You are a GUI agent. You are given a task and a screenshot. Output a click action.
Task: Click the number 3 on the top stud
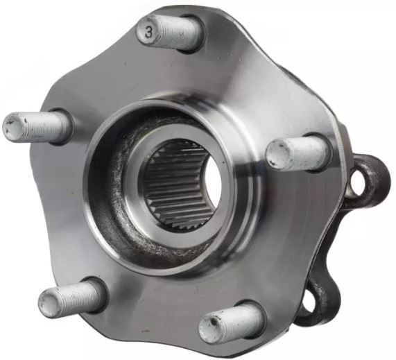click(x=148, y=32)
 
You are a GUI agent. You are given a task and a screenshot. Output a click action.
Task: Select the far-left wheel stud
click(x=37, y=128)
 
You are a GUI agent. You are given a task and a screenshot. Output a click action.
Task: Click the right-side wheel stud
click(x=298, y=155)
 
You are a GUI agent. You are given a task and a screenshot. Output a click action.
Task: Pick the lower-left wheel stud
click(x=72, y=298)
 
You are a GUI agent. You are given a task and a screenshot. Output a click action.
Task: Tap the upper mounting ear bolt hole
click(x=359, y=181)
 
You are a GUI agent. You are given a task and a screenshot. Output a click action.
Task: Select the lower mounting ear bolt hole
click(x=309, y=302)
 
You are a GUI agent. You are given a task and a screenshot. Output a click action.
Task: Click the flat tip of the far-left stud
click(x=14, y=127)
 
